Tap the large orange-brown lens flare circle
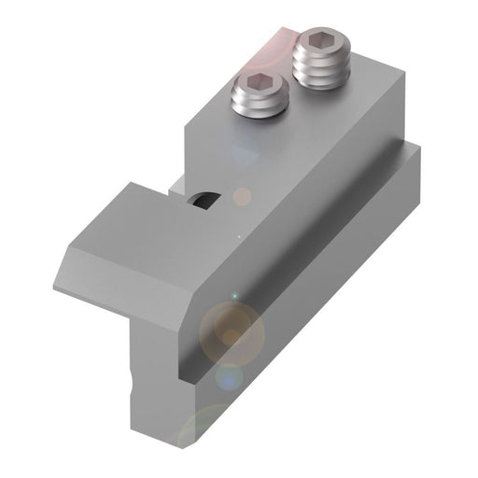click(x=234, y=330)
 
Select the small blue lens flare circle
click(x=227, y=379)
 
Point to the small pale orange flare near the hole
click(x=241, y=197)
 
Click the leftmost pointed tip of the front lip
click(x=54, y=287)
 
